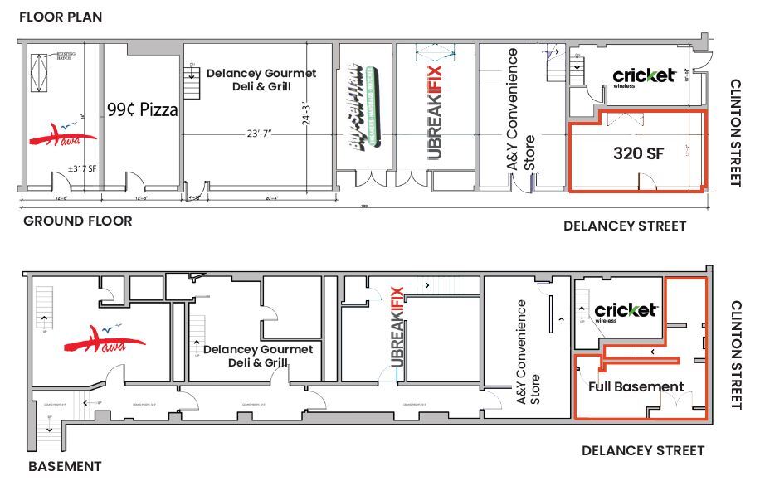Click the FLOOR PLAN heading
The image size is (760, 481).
(61, 17)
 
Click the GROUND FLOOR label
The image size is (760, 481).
(77, 221)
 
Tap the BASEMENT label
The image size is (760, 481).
(65, 466)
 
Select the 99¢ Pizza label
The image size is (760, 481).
(142, 109)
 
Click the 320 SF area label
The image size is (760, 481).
(638, 153)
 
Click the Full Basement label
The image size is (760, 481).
(636, 386)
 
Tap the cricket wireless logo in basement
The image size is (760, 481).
(626, 311)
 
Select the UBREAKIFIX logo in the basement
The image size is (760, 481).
(396, 332)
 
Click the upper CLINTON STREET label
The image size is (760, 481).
(734, 133)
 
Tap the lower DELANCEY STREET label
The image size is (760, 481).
(643, 450)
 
